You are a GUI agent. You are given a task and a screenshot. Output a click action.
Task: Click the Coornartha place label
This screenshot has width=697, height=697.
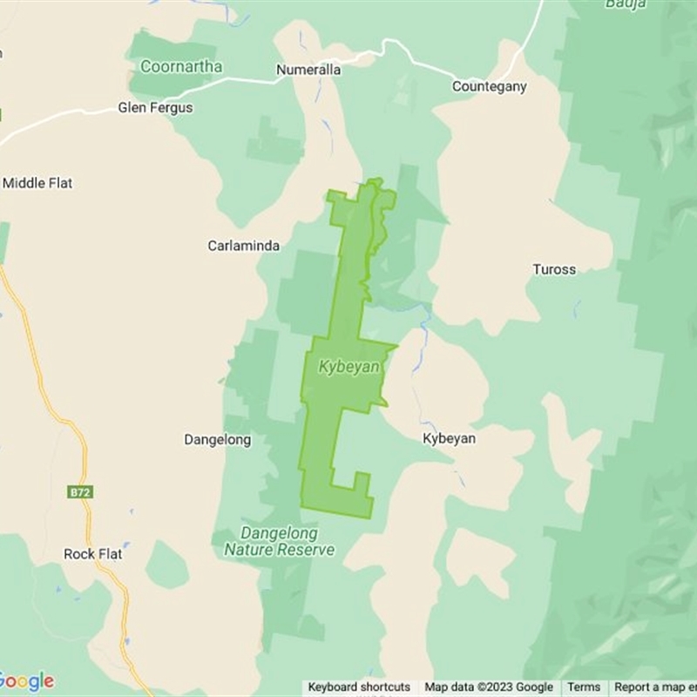182,66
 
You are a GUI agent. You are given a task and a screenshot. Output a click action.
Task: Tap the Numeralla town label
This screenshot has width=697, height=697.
308,69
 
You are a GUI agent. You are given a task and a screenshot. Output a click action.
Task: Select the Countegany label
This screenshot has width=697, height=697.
490,86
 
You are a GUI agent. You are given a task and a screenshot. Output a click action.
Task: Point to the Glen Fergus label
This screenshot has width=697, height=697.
155,108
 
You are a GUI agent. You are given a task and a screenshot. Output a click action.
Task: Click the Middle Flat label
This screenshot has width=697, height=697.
37,183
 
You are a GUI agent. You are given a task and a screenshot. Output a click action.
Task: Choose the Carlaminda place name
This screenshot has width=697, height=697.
243,246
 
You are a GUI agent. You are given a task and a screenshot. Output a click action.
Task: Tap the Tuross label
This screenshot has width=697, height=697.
554,269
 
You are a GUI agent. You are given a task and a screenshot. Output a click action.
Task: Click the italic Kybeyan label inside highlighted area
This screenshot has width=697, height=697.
348,367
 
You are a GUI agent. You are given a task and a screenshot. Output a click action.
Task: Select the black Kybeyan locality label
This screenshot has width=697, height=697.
449,438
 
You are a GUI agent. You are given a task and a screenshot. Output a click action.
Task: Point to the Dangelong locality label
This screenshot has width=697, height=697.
217,440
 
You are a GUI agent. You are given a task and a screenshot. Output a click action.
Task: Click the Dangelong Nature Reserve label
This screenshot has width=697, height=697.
279,541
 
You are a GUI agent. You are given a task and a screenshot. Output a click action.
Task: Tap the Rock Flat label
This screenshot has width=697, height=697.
93,554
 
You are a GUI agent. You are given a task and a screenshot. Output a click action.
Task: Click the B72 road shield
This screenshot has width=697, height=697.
80,492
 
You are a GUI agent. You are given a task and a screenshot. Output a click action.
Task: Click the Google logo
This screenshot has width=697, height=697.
27,680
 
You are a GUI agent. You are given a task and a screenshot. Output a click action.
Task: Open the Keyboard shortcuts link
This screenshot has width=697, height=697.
359,687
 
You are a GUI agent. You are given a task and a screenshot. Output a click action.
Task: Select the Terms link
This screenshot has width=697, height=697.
584,687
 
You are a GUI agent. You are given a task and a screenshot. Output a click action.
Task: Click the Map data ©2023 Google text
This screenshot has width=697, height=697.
489,687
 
